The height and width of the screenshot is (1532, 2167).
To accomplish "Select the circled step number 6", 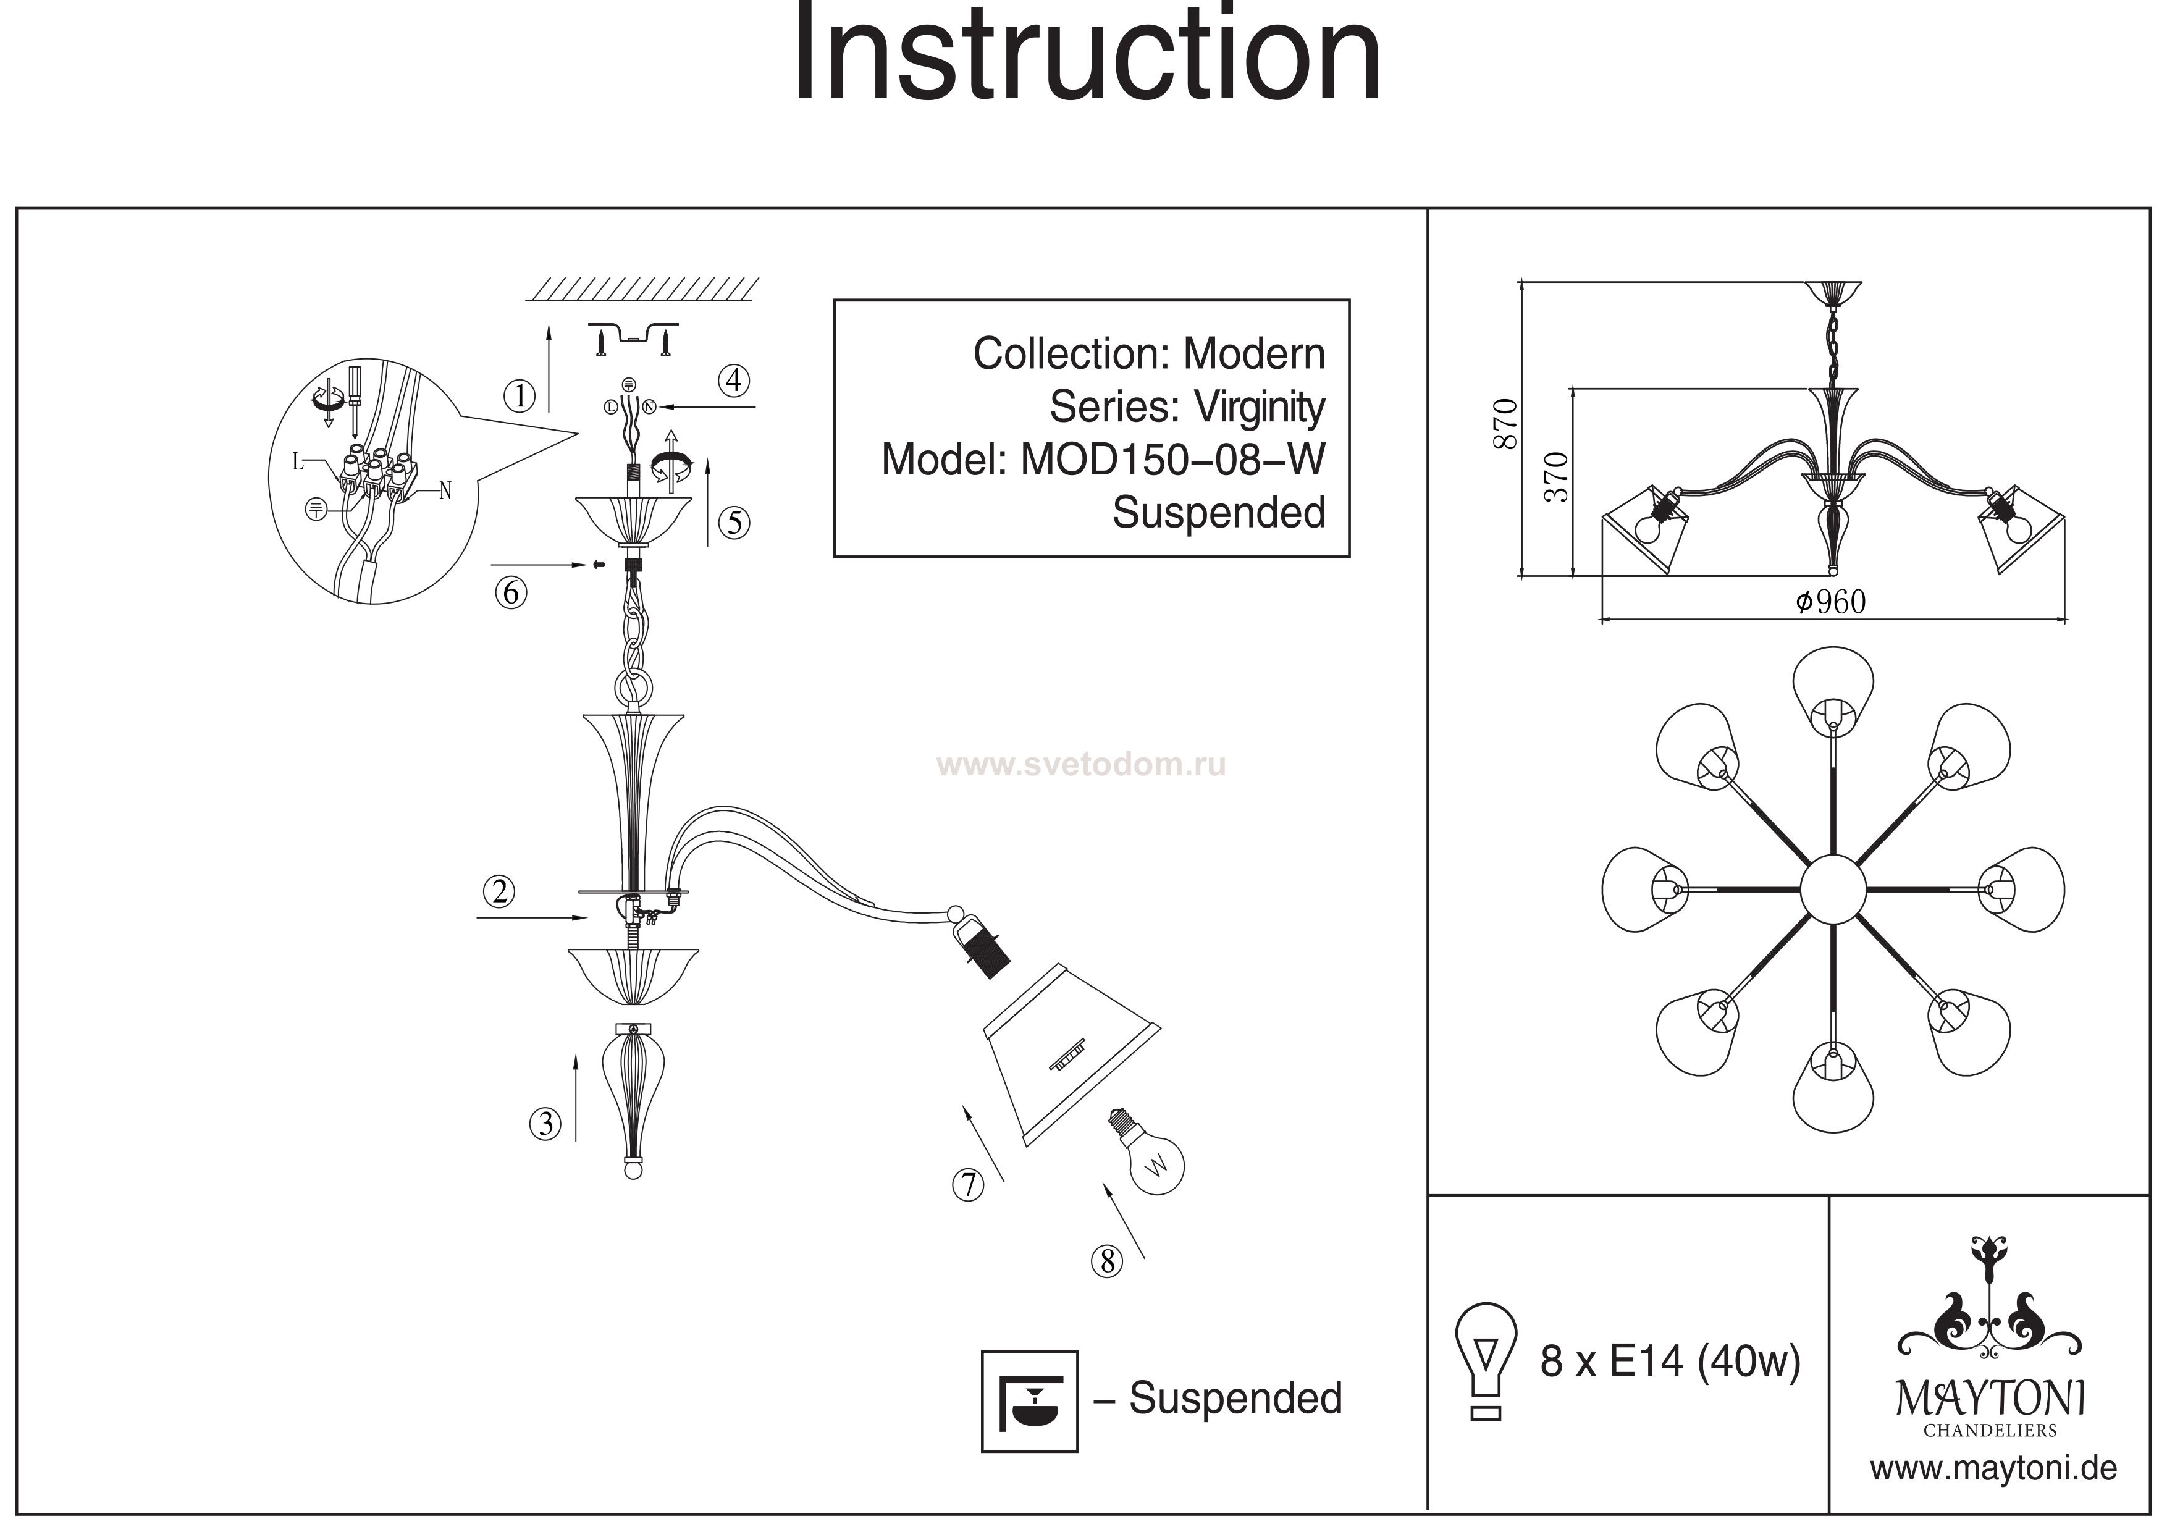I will (x=511, y=593).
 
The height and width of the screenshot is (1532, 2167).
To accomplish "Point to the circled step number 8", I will (x=1107, y=1262).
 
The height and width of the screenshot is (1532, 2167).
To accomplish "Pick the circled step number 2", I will (x=499, y=891).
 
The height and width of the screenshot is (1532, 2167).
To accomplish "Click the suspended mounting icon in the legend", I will (x=1029, y=1401).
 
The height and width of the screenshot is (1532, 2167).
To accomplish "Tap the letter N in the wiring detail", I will (x=445, y=491).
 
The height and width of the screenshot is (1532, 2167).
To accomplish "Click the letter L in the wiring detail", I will (x=297, y=461).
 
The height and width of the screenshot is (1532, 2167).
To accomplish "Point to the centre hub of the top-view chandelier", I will (x=1833, y=888).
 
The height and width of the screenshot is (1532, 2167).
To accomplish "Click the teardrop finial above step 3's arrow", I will (x=633, y=1095).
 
